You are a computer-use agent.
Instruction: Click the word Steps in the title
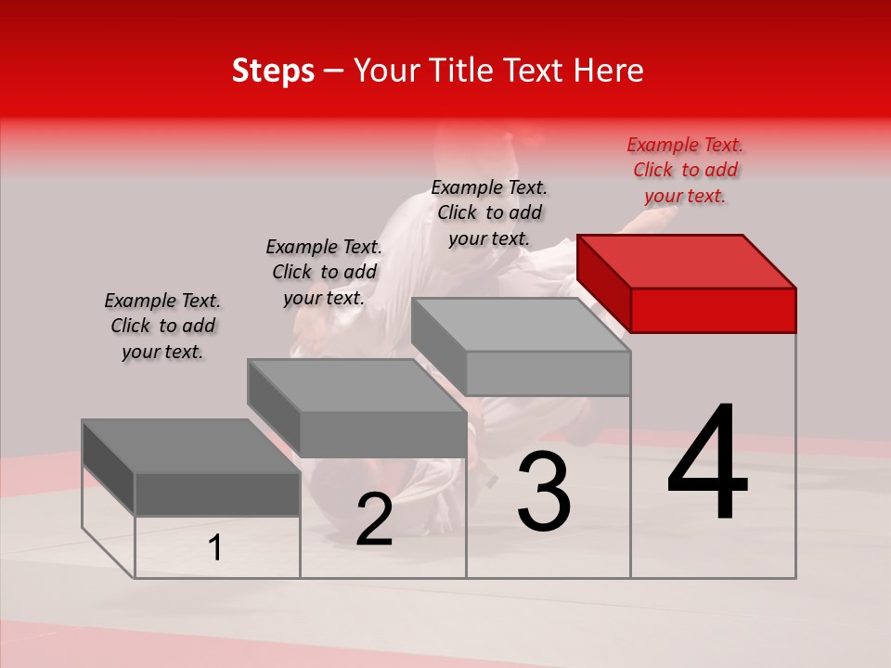273,71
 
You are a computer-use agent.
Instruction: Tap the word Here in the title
608,71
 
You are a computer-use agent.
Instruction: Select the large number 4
707,464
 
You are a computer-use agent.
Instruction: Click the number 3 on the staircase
544,492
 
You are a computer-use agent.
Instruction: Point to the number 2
374,520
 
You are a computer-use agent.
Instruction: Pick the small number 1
215,548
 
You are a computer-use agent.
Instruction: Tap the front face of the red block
713,310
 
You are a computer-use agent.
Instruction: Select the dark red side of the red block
603,283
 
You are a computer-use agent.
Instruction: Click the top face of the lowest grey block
190,446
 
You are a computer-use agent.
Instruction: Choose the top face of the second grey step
356,385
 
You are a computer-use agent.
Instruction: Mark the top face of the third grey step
520,325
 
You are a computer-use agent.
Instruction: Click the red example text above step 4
685,171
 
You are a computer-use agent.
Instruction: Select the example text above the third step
489,212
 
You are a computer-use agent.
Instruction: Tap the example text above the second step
324,272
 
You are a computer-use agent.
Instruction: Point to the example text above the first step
162,326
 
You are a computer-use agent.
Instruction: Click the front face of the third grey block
548,374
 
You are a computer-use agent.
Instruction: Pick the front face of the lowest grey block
217,494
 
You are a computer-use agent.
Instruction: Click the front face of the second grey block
382,434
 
